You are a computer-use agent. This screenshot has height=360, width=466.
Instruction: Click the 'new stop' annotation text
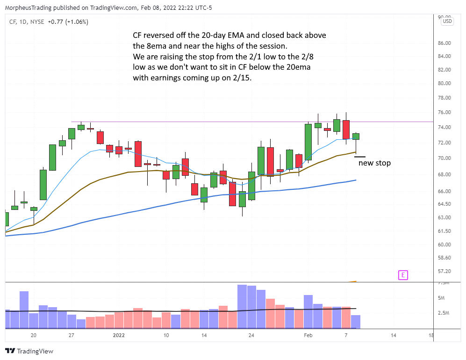(x=374, y=163)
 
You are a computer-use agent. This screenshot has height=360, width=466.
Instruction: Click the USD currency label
(x=447, y=21)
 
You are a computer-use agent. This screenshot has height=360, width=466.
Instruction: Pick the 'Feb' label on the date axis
(x=308, y=335)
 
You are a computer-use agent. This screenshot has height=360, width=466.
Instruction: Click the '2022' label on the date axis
(x=119, y=335)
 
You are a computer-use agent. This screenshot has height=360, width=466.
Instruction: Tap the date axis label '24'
(x=251, y=335)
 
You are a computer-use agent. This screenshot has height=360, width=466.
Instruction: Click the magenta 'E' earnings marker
(x=402, y=275)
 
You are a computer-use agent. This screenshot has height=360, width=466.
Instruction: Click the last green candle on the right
(x=356, y=136)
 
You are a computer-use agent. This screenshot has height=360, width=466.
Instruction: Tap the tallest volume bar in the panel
(x=242, y=306)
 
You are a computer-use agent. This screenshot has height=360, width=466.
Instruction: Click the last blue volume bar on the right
(x=356, y=322)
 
